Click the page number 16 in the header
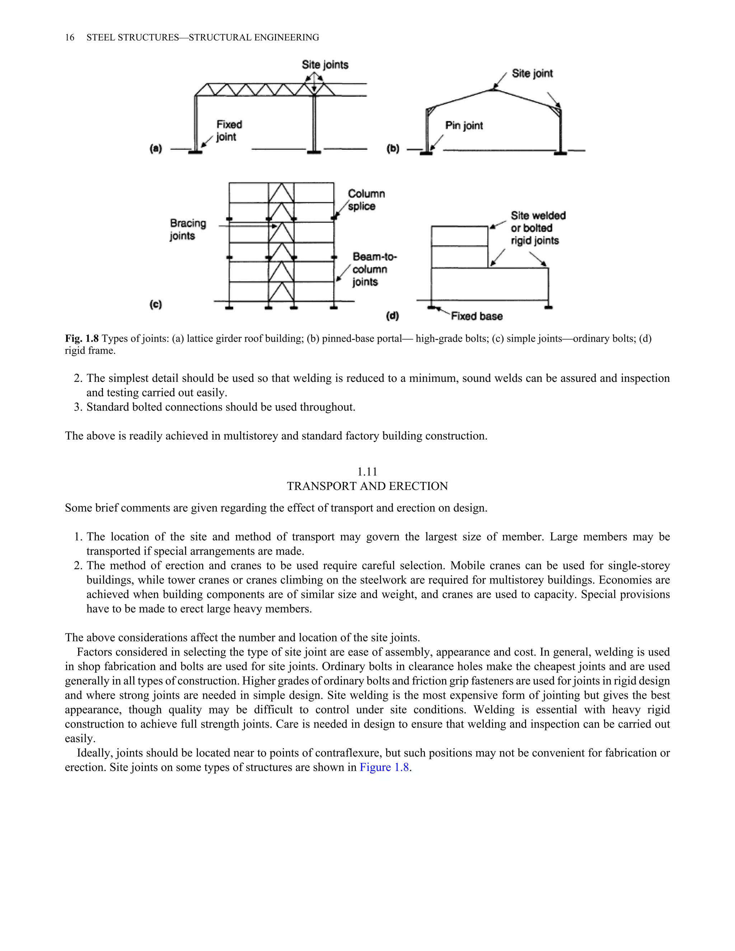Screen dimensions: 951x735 point(69,37)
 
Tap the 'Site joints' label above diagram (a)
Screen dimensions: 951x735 point(325,65)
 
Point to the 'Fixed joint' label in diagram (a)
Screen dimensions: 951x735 point(229,131)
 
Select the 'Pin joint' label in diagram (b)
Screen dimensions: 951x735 point(464,126)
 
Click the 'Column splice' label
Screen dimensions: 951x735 point(366,200)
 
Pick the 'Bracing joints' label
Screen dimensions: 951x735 point(188,229)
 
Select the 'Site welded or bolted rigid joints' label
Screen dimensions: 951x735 point(537,228)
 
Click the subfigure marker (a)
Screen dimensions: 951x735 point(155,149)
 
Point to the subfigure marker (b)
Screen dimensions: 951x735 point(393,149)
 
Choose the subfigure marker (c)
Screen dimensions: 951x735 point(155,304)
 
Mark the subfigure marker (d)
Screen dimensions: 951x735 point(392,316)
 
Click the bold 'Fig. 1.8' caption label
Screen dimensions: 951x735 point(82,338)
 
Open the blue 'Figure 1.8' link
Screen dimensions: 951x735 point(384,767)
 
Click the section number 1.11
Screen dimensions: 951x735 point(367,472)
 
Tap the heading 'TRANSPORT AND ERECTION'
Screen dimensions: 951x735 point(367,486)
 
